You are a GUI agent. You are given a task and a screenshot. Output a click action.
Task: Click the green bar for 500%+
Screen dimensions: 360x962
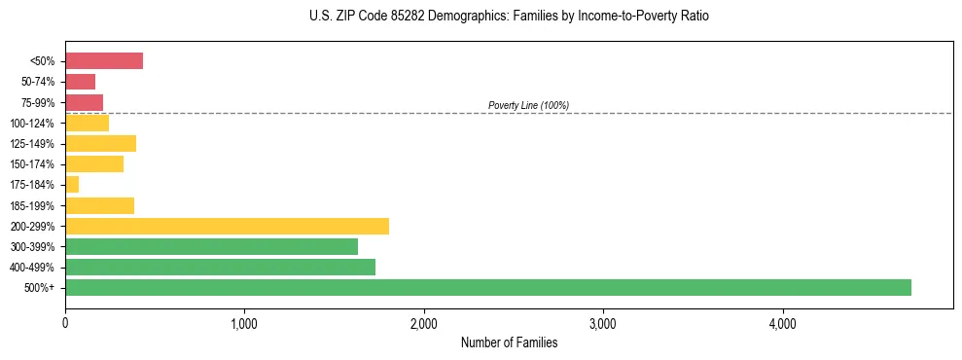[488, 287]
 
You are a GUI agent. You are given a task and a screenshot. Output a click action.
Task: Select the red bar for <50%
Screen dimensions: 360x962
[104, 61]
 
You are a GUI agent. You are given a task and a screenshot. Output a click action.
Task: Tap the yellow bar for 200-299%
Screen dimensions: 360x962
[227, 226]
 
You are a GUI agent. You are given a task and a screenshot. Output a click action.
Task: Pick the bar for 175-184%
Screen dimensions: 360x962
[72, 185]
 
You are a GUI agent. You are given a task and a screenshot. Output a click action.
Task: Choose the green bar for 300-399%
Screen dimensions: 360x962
[211, 246]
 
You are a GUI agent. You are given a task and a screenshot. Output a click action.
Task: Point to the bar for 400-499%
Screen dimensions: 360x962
[220, 267]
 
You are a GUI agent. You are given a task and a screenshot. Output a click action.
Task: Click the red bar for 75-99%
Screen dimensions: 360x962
[85, 102]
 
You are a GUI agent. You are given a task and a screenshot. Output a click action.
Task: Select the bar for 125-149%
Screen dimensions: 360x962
[100, 144]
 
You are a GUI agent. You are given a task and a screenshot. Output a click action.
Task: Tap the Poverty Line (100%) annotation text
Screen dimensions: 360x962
[528, 105]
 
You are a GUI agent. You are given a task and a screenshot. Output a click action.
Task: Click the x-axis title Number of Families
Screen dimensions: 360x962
[509, 342]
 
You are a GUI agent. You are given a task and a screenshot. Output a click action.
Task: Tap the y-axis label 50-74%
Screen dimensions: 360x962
[38, 82]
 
